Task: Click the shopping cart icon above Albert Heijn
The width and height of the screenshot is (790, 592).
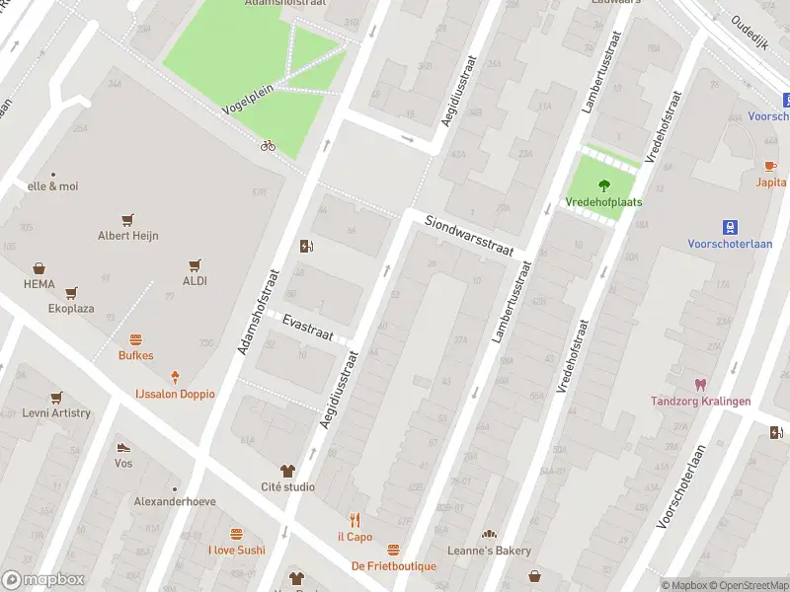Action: click(x=127, y=219)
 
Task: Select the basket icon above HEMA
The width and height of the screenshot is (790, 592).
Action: click(x=39, y=267)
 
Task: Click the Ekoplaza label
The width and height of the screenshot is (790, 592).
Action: click(x=71, y=309)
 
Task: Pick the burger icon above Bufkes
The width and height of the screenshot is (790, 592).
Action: click(x=136, y=338)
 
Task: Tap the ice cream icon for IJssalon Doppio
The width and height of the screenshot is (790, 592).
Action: click(x=175, y=377)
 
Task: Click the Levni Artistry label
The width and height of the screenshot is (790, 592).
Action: click(x=56, y=413)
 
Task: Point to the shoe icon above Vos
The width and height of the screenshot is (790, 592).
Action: click(x=123, y=447)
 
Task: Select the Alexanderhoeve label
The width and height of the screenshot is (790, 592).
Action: click(x=175, y=501)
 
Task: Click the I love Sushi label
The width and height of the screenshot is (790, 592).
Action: click(x=236, y=550)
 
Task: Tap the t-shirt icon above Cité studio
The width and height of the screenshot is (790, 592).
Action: click(x=287, y=471)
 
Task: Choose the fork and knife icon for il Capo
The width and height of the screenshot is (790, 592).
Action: click(x=355, y=520)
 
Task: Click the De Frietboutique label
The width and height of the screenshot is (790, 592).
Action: click(x=393, y=565)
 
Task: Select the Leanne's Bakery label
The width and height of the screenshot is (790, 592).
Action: click(x=489, y=551)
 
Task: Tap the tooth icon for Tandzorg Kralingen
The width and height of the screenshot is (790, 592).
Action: click(x=701, y=384)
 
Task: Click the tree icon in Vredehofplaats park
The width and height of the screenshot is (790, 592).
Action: click(x=603, y=185)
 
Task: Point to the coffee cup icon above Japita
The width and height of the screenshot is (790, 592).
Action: click(x=771, y=166)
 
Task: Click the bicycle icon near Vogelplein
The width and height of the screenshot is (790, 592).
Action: click(x=268, y=145)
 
